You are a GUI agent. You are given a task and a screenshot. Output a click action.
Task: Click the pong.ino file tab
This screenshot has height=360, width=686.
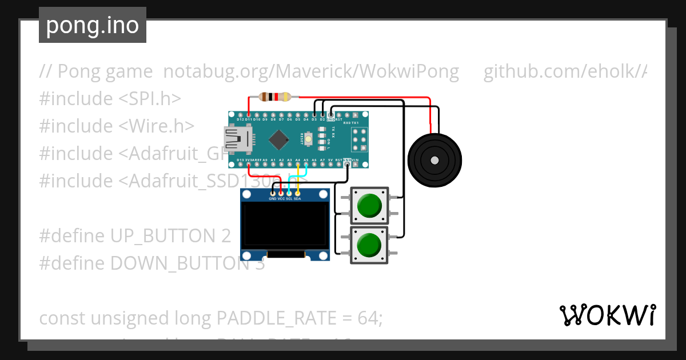[93, 25]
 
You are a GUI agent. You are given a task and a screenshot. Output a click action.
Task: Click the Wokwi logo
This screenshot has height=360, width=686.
[607, 315]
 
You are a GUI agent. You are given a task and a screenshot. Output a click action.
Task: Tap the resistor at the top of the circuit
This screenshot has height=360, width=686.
[275, 97]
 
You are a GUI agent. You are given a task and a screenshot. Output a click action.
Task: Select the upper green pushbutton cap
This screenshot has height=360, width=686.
[369, 205]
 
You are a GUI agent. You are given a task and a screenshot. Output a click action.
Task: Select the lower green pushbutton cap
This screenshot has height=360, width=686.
[369, 245]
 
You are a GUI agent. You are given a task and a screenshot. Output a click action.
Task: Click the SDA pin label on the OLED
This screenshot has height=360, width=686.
[297, 199]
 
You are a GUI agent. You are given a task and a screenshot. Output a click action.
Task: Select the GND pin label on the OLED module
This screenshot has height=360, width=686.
[272, 199]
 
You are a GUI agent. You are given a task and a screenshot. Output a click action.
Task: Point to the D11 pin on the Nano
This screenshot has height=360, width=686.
[249, 119]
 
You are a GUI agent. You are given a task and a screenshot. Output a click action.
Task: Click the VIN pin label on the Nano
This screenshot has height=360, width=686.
[355, 161]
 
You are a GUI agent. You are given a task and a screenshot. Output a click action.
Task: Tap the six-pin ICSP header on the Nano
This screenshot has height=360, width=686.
[360, 139]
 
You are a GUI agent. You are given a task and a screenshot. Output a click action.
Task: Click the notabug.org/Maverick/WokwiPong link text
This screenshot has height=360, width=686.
[311, 71]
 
